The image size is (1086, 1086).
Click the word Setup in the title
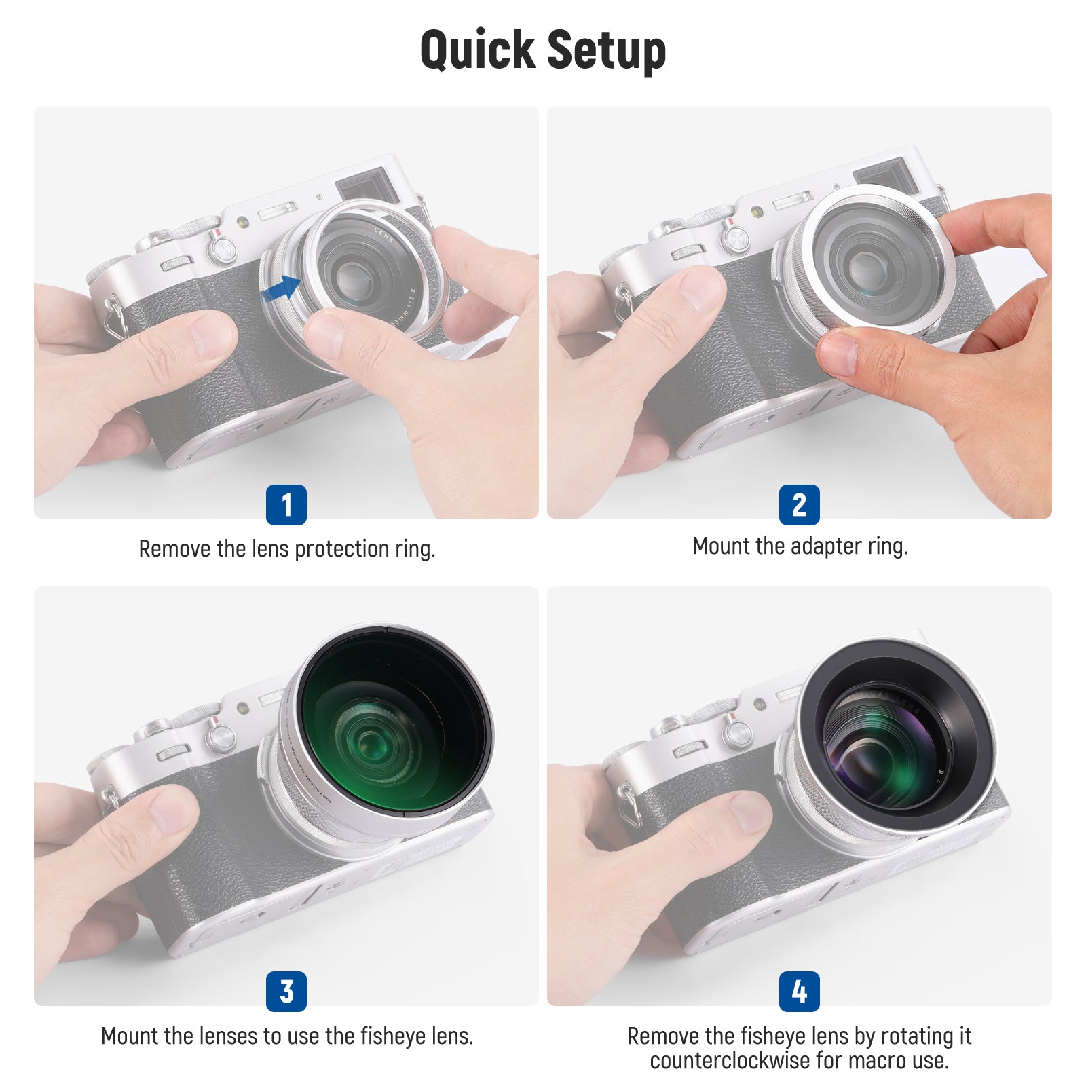[x=606, y=51]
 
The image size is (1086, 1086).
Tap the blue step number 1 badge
[x=286, y=505]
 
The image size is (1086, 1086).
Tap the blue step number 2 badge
[x=799, y=505]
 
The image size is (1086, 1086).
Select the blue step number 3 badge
[x=286, y=992]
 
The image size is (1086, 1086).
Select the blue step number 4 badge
[x=799, y=992]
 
